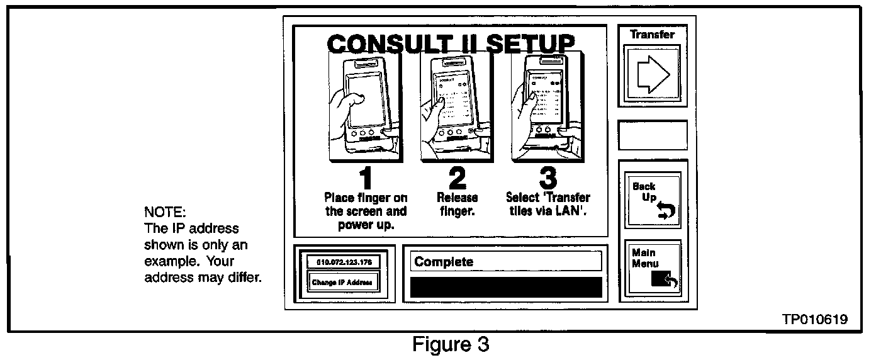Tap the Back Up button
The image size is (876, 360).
click(x=653, y=200)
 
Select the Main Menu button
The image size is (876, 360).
click(x=653, y=269)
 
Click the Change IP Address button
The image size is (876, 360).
click(x=343, y=282)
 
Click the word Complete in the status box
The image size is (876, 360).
click(x=444, y=261)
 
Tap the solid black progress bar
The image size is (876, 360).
click(x=506, y=286)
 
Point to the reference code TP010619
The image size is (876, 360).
click(x=815, y=319)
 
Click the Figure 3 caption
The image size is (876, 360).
click(x=451, y=345)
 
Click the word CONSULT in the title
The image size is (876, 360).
click(x=385, y=45)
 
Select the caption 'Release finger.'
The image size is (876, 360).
click(x=458, y=205)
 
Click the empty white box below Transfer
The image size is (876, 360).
click(x=653, y=135)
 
